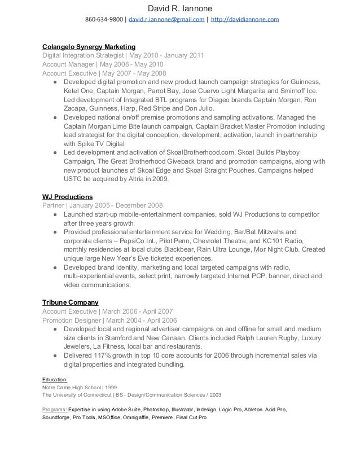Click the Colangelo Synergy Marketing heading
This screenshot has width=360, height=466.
(x=89, y=46)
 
